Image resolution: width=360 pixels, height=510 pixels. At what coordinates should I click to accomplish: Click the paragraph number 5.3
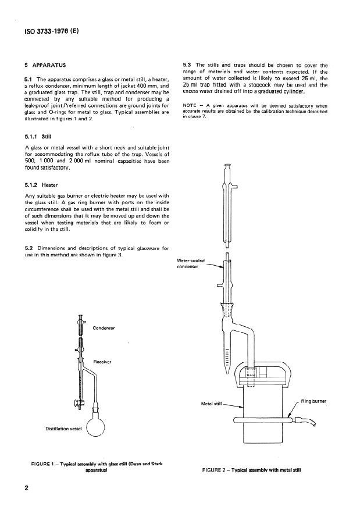click(x=188, y=65)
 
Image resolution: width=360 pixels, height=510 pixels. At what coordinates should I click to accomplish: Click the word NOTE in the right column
click(x=190, y=106)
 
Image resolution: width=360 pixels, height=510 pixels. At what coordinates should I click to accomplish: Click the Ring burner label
click(x=314, y=401)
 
